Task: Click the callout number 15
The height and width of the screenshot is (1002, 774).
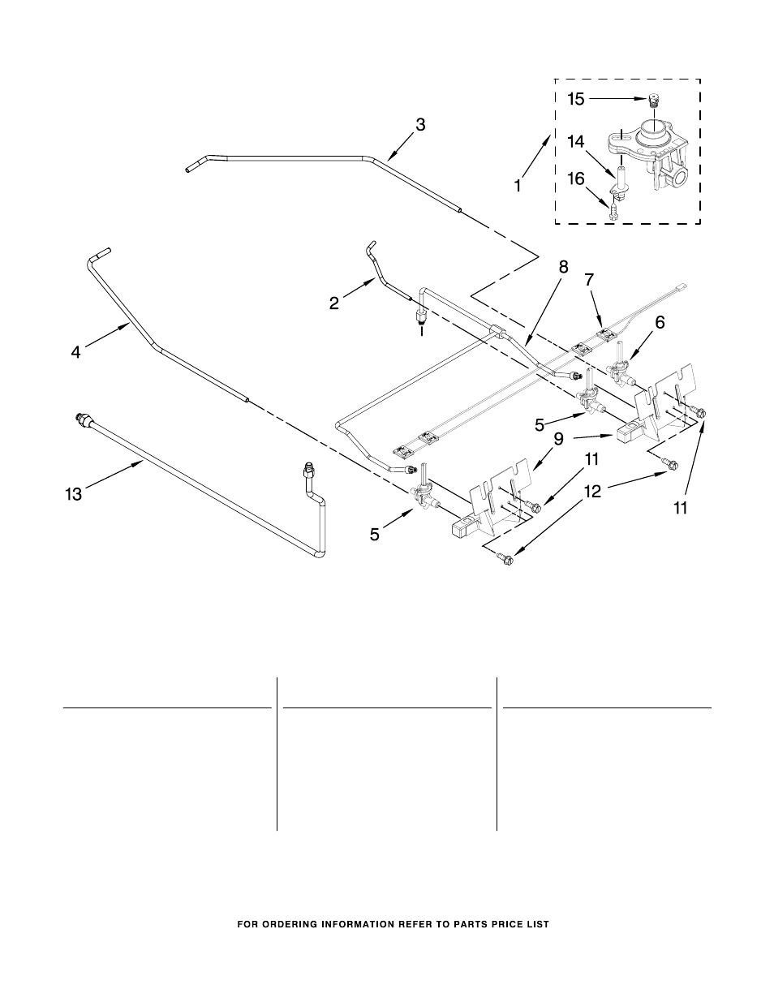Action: (575, 100)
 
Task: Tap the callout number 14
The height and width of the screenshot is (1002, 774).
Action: (575, 141)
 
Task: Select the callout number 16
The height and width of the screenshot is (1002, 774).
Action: (575, 178)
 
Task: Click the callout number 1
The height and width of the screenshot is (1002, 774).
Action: (518, 184)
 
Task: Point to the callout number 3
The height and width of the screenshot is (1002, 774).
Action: (419, 125)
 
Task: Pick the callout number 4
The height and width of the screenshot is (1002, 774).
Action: (75, 352)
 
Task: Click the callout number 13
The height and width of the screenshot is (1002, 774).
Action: (74, 493)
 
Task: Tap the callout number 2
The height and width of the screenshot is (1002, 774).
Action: (334, 303)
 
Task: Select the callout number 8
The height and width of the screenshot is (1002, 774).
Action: (563, 266)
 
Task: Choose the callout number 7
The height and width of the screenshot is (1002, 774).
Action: (590, 280)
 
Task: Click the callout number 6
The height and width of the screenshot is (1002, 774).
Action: (660, 322)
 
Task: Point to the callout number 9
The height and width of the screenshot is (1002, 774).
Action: (558, 439)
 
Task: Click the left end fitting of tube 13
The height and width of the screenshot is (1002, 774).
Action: (81, 419)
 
